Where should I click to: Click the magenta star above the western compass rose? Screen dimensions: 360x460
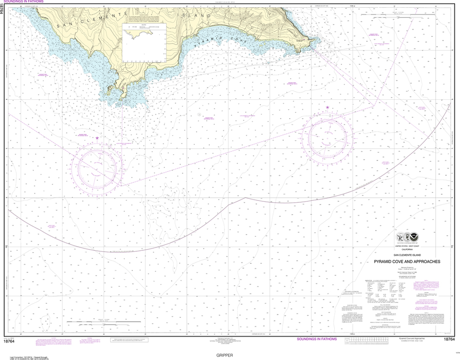97,138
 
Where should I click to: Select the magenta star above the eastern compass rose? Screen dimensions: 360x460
327,107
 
